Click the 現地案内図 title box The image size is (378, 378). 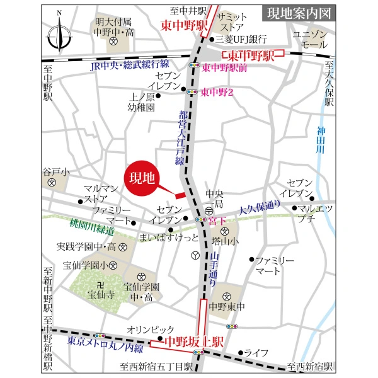(x=298, y=13)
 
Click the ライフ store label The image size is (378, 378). (x=256, y=353)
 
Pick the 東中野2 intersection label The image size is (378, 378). (x=217, y=92)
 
